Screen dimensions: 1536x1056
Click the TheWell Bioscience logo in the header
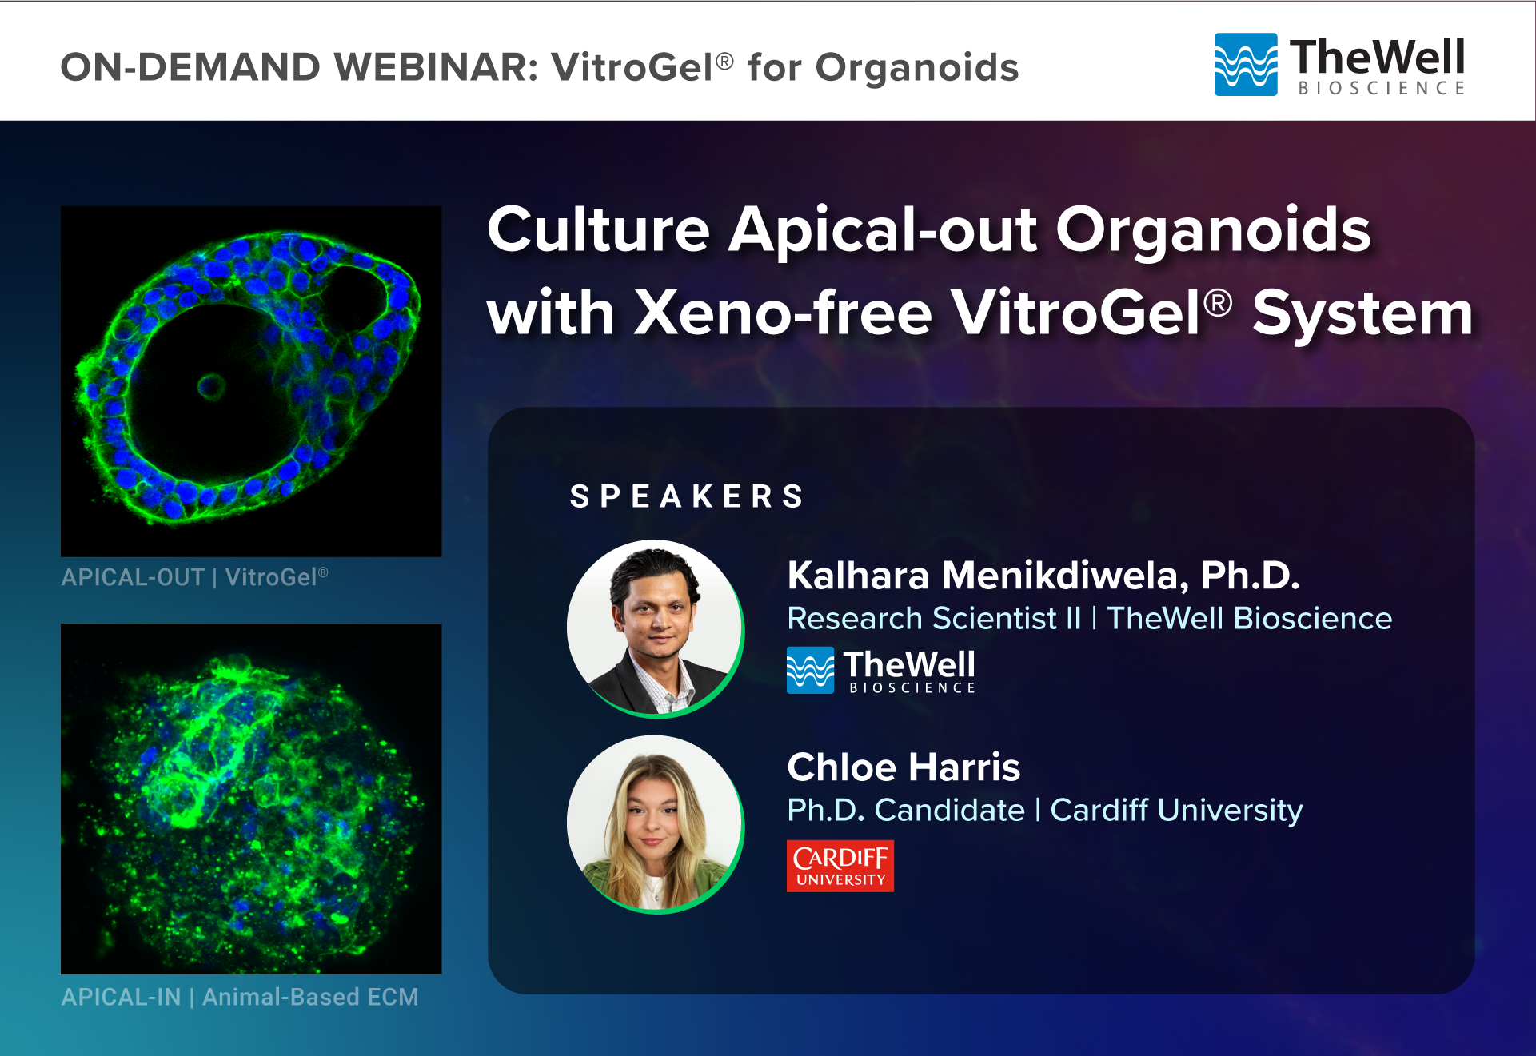click(x=1340, y=65)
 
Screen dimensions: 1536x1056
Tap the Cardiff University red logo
click(x=840, y=866)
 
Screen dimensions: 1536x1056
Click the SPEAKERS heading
click(x=687, y=496)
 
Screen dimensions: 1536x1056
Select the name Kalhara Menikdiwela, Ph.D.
click(x=1043, y=576)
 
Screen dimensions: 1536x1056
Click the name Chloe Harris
click(x=904, y=767)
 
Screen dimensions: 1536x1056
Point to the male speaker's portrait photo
click(x=656, y=628)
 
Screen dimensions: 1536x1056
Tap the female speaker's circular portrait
click(x=656, y=824)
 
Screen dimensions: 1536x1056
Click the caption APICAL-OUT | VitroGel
click(x=195, y=577)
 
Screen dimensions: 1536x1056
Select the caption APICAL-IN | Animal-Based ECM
click(x=240, y=997)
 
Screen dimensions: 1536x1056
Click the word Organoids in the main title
click(x=1213, y=230)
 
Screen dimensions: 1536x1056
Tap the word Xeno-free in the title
click(x=784, y=313)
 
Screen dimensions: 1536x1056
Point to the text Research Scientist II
click(x=934, y=619)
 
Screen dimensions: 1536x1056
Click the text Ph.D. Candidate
click(x=906, y=811)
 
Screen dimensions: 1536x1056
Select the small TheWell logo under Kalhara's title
click(x=881, y=670)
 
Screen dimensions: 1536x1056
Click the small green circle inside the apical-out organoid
click(x=211, y=387)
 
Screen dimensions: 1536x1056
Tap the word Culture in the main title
click(x=599, y=230)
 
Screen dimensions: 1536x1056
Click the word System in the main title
click(x=1362, y=313)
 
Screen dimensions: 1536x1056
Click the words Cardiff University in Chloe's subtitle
click(x=1176, y=811)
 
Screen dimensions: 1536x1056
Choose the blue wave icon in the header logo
click(x=1246, y=65)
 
